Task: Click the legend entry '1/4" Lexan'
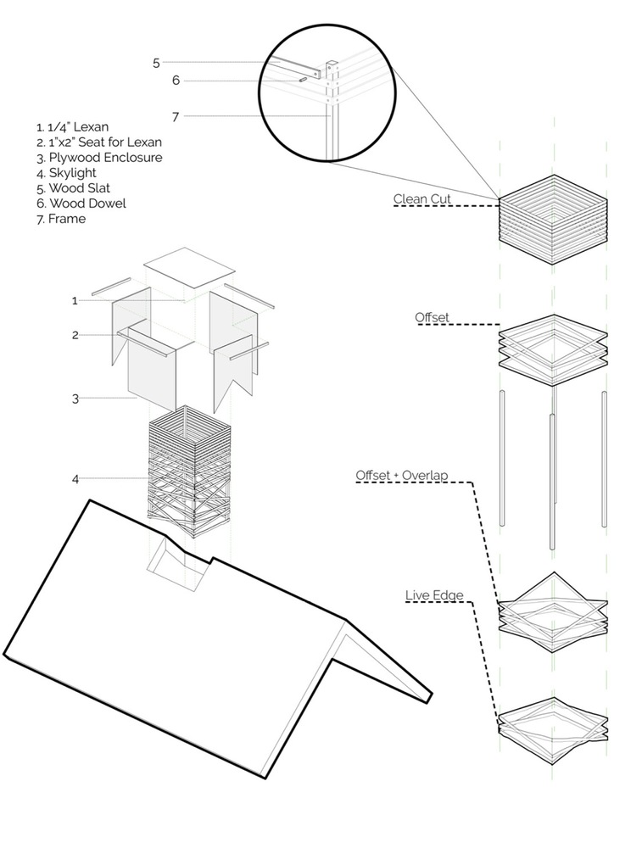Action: pyautogui.click(x=72, y=127)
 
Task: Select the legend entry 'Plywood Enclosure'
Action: pyautogui.click(x=99, y=158)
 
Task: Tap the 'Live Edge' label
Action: pyautogui.click(x=434, y=595)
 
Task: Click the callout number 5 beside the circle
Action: pyautogui.click(x=156, y=63)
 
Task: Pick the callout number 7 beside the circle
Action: pyautogui.click(x=176, y=116)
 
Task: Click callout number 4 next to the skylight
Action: pyautogui.click(x=75, y=479)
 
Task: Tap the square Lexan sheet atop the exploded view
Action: pyautogui.click(x=188, y=270)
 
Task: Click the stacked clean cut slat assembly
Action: pyautogui.click(x=553, y=219)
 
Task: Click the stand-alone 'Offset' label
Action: pyautogui.click(x=432, y=317)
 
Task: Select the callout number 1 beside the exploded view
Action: pyautogui.click(x=75, y=300)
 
